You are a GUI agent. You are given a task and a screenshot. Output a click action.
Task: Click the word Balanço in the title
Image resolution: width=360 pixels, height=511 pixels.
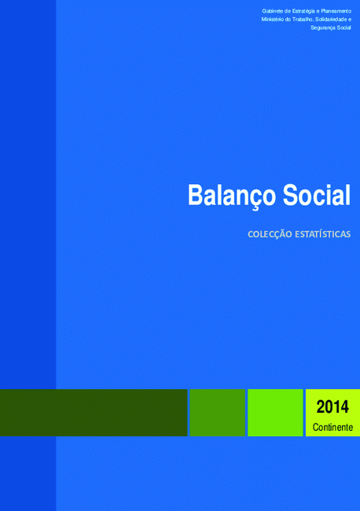233,197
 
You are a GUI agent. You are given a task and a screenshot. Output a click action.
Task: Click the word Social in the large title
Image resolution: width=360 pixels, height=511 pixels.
316,195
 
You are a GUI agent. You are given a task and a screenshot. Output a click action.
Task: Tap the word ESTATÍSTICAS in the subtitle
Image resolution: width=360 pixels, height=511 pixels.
323,234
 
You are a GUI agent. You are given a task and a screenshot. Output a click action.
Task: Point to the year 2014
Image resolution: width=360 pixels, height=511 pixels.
332,406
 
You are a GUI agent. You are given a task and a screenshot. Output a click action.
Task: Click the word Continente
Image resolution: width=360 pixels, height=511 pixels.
332,427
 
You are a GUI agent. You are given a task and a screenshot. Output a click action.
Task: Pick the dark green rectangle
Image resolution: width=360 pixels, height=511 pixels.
94,413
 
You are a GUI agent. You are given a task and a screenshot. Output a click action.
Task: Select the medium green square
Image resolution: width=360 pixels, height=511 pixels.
217,413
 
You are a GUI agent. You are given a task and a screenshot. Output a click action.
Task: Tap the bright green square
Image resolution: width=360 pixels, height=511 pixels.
275,413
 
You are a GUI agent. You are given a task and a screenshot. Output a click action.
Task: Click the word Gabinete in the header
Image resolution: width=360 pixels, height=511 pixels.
273,11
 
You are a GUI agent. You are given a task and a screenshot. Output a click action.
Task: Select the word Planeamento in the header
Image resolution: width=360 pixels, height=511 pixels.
336,11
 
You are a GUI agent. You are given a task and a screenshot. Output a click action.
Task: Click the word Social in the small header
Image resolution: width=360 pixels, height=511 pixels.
344,28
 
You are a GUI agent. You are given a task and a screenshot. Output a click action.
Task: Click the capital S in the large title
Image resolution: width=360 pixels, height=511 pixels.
290,195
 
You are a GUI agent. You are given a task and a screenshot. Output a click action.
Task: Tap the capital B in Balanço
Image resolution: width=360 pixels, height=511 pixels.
196,195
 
